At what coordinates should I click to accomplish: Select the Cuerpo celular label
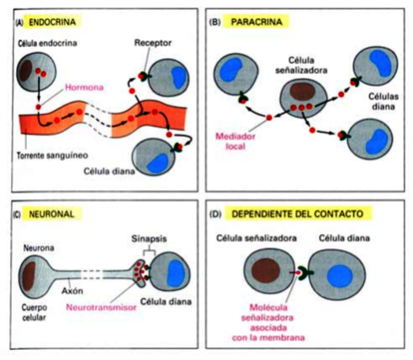click(x=39, y=309)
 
